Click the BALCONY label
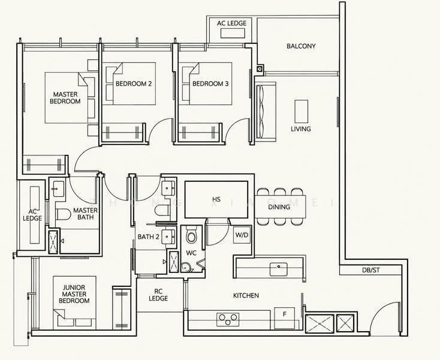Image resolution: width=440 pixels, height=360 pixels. point(301,46)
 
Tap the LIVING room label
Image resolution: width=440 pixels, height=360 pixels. point(301,129)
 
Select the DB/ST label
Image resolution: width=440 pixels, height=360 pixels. point(370,270)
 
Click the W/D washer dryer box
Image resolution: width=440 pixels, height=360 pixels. point(242,235)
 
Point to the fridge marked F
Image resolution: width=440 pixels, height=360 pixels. point(285,318)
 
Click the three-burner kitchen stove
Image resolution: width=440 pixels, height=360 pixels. point(228,319)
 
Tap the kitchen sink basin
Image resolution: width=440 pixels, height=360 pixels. point(278,269)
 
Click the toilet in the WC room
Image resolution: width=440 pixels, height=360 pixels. point(192,236)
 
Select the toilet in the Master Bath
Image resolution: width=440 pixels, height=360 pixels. point(63,215)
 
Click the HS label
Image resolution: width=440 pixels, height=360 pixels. point(216,199)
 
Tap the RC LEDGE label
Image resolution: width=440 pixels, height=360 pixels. point(158,295)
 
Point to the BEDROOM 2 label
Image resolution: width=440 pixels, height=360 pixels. point(134,83)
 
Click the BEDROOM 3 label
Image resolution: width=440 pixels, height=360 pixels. point(210,83)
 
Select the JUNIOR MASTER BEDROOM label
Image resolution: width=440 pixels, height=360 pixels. point(74,294)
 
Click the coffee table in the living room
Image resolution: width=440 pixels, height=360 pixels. point(302,111)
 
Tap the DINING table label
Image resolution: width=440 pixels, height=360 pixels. point(279,207)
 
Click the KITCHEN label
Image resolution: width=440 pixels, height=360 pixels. point(246,295)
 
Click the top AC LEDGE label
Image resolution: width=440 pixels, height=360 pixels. point(231,23)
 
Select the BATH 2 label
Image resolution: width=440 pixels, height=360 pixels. point(149,237)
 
